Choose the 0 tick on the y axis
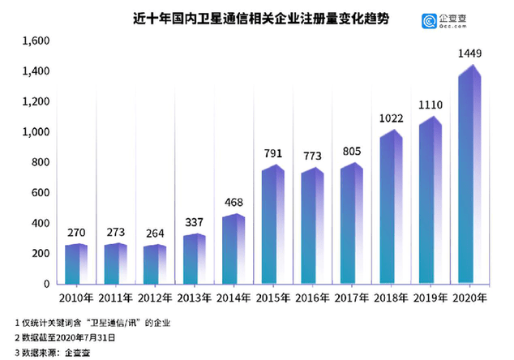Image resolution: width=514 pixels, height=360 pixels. pos(46,285)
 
